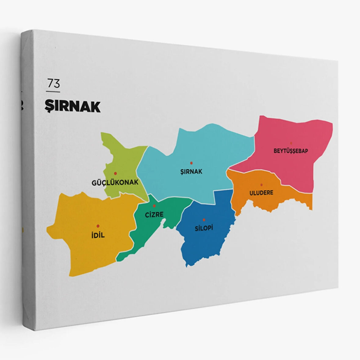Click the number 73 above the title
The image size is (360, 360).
pos(53,83)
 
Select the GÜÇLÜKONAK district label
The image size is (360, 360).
pos(115,183)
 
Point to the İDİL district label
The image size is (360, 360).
pos(98,235)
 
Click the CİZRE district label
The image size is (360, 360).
pos(154,215)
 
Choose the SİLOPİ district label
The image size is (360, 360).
pos(204,228)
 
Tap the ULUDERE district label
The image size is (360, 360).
pos(261,193)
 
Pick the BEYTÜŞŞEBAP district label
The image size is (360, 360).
pos(291,151)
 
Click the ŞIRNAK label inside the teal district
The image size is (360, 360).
pos(191,171)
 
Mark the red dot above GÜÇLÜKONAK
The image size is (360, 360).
pos(115,173)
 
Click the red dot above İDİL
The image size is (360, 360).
pos(98,226)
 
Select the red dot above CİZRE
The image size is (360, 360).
pos(154,206)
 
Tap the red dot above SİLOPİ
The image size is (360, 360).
pos(204,220)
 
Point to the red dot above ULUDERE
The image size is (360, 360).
pos(261,185)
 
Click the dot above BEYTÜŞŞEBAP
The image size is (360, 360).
pos(291,143)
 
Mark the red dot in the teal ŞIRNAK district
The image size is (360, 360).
pos(191,163)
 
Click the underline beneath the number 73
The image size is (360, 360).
pos(53,92)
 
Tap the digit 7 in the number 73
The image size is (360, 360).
pos(50,83)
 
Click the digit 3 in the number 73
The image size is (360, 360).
pos(56,84)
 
